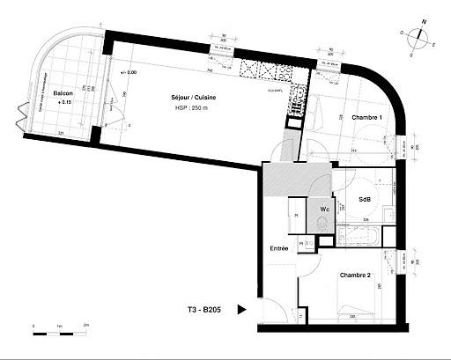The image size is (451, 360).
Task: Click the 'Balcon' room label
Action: click(63, 92)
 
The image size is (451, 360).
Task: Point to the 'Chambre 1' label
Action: click(366, 117)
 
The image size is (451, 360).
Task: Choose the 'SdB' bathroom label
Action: click(365, 199)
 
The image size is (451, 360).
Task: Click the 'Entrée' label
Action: click(278, 249)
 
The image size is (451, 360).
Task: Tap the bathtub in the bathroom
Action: click(360, 236)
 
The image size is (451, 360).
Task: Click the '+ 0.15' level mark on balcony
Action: click(63, 102)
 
